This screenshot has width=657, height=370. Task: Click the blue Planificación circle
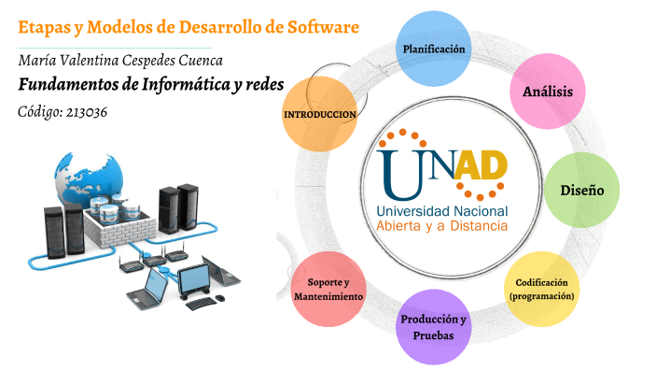click(x=433, y=49)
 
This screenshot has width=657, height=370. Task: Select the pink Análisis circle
click(x=547, y=92)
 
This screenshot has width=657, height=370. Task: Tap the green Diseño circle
click(x=581, y=190)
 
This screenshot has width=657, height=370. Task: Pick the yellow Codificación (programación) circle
click(x=541, y=288)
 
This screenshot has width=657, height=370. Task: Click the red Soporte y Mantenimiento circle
click(x=328, y=289)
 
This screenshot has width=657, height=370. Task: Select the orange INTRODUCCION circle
click(x=319, y=114)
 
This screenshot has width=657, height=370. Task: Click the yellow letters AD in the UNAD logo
click(x=480, y=166)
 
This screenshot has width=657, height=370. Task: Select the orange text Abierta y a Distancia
click(x=442, y=225)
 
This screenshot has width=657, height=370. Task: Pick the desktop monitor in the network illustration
click(x=194, y=277)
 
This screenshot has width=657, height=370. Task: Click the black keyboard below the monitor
click(x=202, y=303)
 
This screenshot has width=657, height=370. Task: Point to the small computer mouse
click(x=222, y=298)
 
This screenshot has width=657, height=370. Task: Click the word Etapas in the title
click(x=43, y=26)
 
